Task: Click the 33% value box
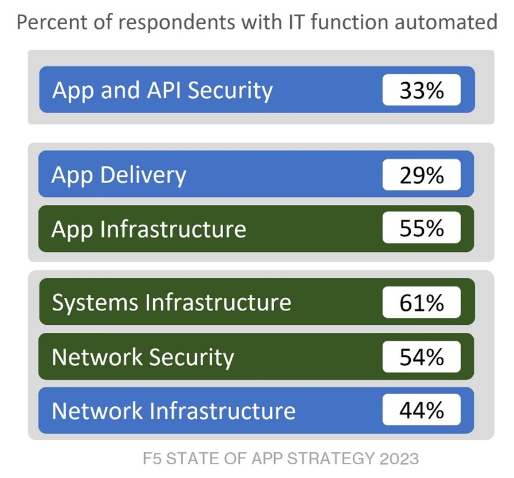pyautogui.click(x=421, y=90)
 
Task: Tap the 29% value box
pyautogui.click(x=421, y=174)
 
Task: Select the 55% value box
pyautogui.click(x=421, y=228)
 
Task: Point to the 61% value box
pyautogui.click(x=421, y=302)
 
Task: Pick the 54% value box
pyautogui.click(x=421, y=356)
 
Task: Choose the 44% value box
pyautogui.click(x=421, y=410)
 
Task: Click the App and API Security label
pyautogui.click(x=162, y=91)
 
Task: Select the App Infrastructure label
pyautogui.click(x=149, y=228)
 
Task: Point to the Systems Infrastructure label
pyautogui.click(x=171, y=302)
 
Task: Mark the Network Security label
pyautogui.click(x=143, y=357)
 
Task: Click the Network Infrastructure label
pyautogui.click(x=173, y=411)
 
